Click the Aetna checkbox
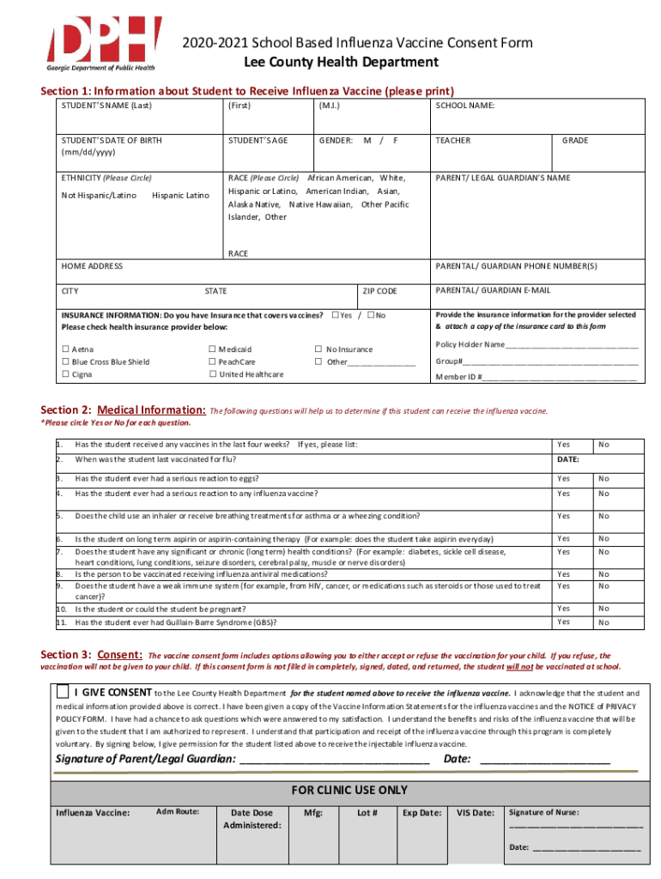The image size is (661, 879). pyautogui.click(x=65, y=349)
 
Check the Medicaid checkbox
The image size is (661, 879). pyautogui.click(x=211, y=349)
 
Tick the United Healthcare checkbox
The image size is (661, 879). pyautogui.click(x=211, y=374)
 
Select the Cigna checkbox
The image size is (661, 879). pyautogui.click(x=65, y=374)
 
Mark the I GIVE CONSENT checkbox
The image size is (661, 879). pyautogui.click(x=63, y=692)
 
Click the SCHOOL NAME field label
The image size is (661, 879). pyautogui.click(x=464, y=106)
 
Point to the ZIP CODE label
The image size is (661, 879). pyautogui.click(x=379, y=292)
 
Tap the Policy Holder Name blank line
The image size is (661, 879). pyautogui.click(x=572, y=346)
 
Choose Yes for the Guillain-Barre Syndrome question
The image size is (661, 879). pyautogui.click(x=563, y=622)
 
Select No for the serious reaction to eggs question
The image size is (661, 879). pyautogui.click(x=603, y=478)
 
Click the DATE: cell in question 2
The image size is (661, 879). pyautogui.click(x=568, y=460)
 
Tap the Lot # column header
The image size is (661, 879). pyautogui.click(x=367, y=812)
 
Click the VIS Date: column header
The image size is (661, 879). pyautogui.click(x=475, y=812)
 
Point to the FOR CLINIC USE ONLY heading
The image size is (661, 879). pyautogui.click(x=349, y=790)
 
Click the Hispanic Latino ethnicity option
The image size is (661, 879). pyautogui.click(x=179, y=196)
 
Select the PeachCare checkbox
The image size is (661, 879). pyautogui.click(x=211, y=362)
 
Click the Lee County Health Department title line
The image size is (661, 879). pyautogui.click(x=341, y=62)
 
